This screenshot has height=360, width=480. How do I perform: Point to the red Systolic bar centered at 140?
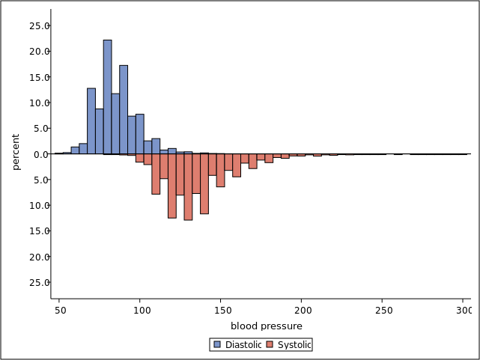point(204,184)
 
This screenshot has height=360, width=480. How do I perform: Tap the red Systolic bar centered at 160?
point(237,165)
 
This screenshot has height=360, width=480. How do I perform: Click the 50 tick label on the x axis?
point(59,311)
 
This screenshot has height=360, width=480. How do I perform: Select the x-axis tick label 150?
point(221,311)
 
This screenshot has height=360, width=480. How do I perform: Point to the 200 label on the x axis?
point(302,311)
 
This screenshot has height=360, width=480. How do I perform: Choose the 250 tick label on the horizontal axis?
point(383,311)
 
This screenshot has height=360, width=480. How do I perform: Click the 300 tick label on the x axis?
point(464,311)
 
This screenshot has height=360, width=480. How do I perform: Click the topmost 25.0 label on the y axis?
point(39,26)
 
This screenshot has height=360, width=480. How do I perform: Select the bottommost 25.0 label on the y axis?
point(39,283)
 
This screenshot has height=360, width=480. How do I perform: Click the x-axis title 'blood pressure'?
point(267,326)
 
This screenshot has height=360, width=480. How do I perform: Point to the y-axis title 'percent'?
point(16,152)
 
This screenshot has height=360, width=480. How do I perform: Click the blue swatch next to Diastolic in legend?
point(217,345)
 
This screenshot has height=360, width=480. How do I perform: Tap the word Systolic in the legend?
point(294,345)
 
